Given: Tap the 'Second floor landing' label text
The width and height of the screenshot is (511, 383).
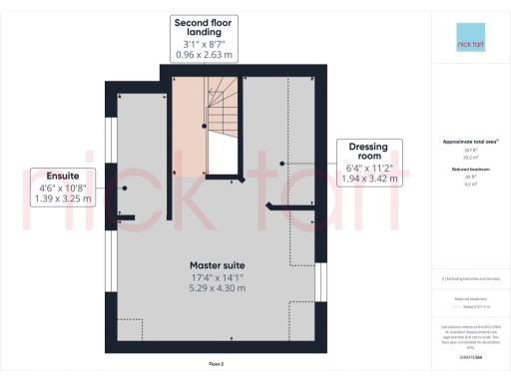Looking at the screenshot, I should tap(204, 28).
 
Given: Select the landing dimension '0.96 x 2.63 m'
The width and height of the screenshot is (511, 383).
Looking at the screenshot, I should tap(204, 55).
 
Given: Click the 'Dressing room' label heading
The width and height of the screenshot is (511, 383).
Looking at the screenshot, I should tap(368, 153).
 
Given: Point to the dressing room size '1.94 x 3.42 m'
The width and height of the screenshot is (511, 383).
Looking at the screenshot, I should tap(368, 180).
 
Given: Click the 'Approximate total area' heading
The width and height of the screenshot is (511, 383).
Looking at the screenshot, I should tap(469, 142).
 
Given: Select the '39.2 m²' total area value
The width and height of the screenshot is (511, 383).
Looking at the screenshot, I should tap(469, 158).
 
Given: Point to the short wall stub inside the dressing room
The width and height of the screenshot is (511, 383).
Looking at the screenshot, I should tap(282, 206).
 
